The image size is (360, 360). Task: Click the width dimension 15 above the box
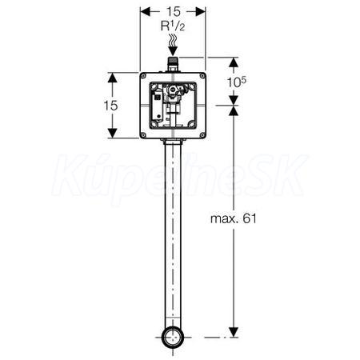point(174,11)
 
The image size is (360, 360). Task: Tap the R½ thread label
point(173,26)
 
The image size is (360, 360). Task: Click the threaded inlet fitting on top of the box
point(173,65)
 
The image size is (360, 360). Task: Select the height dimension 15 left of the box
point(110,106)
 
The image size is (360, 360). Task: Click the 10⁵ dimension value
point(236,82)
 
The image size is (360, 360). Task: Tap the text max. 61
point(234,218)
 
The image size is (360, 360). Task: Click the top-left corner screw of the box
point(143,76)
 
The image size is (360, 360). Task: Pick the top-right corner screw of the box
point(202,76)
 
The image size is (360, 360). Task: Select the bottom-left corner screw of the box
point(143,134)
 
